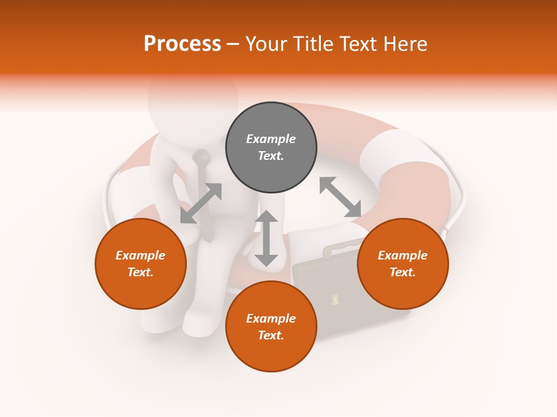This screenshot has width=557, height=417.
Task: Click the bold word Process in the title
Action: coord(182,44)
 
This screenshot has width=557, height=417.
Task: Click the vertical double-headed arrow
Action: coord(266,238)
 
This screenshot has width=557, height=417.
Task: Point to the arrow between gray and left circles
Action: coord(201,203)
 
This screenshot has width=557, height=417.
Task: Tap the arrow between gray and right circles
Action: coord(340,197)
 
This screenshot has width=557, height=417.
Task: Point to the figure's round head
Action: coord(193,98)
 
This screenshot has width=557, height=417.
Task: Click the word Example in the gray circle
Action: coord(271,139)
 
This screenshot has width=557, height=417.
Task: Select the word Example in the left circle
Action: coord(140,255)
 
